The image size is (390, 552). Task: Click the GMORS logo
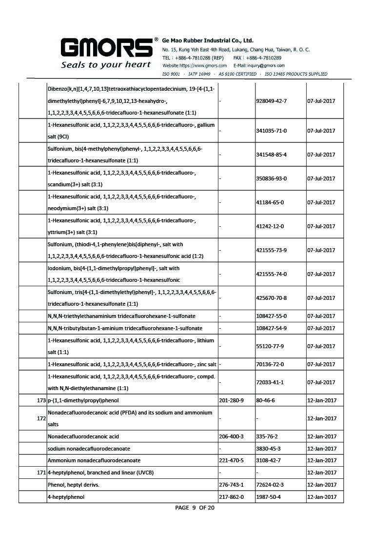click(105, 48)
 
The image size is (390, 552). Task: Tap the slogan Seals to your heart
click(106, 64)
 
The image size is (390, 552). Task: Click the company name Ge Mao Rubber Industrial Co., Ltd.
click(208, 40)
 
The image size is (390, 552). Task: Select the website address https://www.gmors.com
click(195, 65)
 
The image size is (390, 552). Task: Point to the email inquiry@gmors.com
click(259, 65)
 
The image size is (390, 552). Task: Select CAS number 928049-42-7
click(271, 101)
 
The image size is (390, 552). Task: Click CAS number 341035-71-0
click(271, 131)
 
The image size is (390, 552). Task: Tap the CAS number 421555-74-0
click(271, 274)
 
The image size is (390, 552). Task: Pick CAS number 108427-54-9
click(271, 328)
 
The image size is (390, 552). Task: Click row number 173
click(41, 400)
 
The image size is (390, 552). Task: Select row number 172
click(41, 418)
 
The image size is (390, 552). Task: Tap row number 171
click(41, 473)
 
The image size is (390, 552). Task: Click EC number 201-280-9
click(232, 400)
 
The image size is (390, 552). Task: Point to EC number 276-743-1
click(232, 485)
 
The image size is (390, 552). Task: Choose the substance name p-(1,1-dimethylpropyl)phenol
click(83, 400)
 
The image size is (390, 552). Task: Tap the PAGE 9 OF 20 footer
click(195, 508)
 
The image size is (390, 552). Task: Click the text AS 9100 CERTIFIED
click(237, 74)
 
